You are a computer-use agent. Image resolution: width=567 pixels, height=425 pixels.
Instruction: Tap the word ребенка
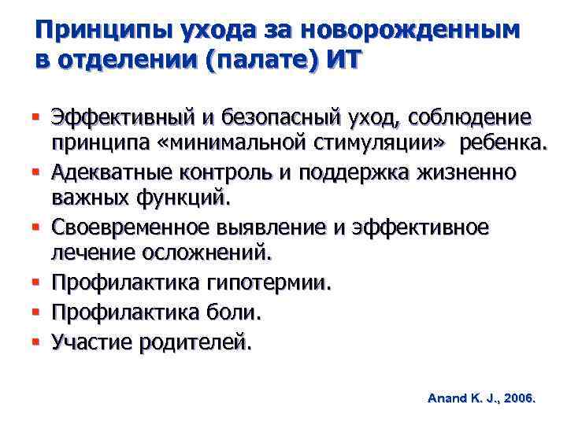point(505,145)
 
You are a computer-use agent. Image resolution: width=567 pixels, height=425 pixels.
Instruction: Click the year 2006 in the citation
point(517,399)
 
